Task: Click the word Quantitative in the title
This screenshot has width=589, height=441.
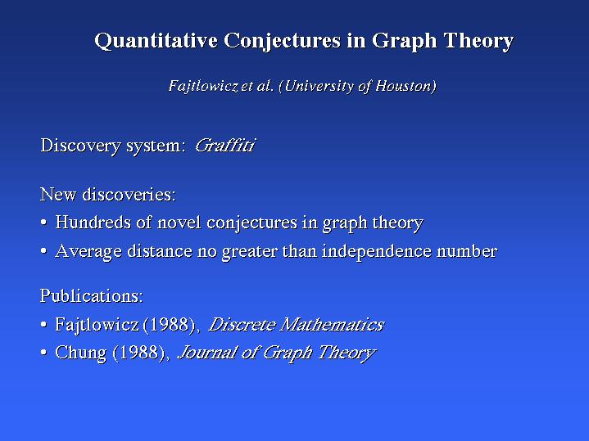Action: click(x=156, y=41)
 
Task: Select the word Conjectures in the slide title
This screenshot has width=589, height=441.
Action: click(x=282, y=41)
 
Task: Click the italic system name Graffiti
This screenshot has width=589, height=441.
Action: click(x=225, y=146)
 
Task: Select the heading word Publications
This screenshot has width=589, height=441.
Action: click(x=92, y=295)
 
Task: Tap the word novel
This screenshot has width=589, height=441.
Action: click(x=179, y=223)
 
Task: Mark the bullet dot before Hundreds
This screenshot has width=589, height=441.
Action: click(x=43, y=223)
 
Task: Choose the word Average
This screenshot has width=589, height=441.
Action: click(x=88, y=251)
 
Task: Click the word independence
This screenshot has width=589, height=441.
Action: click(x=376, y=251)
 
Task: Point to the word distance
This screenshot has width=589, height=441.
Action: click(x=160, y=250)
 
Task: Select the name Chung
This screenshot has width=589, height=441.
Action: click(x=81, y=353)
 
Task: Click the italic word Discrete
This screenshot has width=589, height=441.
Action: click(x=242, y=325)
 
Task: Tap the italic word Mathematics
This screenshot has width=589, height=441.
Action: click(x=332, y=325)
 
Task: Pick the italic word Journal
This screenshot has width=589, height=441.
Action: click(x=206, y=353)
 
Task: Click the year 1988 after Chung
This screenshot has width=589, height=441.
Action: click(x=139, y=353)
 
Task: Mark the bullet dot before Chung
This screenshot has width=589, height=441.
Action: click(x=43, y=353)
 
